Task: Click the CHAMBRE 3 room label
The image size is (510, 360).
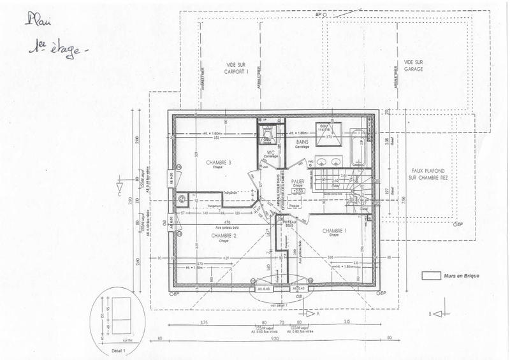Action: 219,163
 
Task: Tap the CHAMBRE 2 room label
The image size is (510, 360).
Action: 222,235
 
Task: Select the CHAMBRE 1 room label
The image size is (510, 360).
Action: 334,230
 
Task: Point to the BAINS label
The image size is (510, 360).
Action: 302,141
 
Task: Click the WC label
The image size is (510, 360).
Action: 270,152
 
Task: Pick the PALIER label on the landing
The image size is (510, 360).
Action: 298,181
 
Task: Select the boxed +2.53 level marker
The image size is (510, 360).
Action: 298,190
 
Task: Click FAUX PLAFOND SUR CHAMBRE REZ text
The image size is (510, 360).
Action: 426,176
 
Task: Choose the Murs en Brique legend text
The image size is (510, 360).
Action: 462,276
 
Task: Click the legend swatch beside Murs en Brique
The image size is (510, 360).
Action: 431,276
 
